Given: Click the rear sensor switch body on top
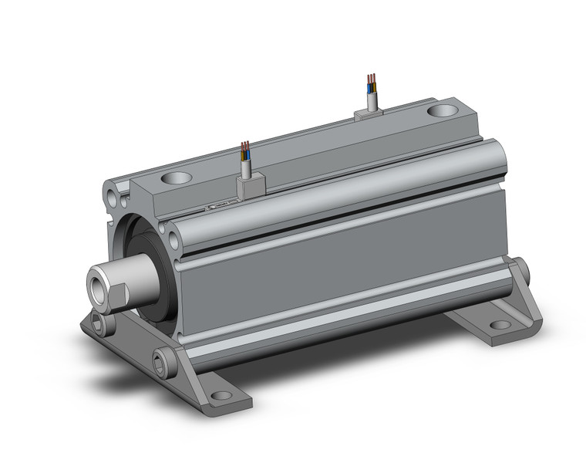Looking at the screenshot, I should coord(369,114).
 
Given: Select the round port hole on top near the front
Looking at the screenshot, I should coord(177,178).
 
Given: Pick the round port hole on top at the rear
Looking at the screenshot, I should coord(444,110).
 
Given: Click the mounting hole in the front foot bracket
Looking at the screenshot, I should coord(221,397).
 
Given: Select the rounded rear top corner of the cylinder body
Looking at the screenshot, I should coord(493,150).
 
